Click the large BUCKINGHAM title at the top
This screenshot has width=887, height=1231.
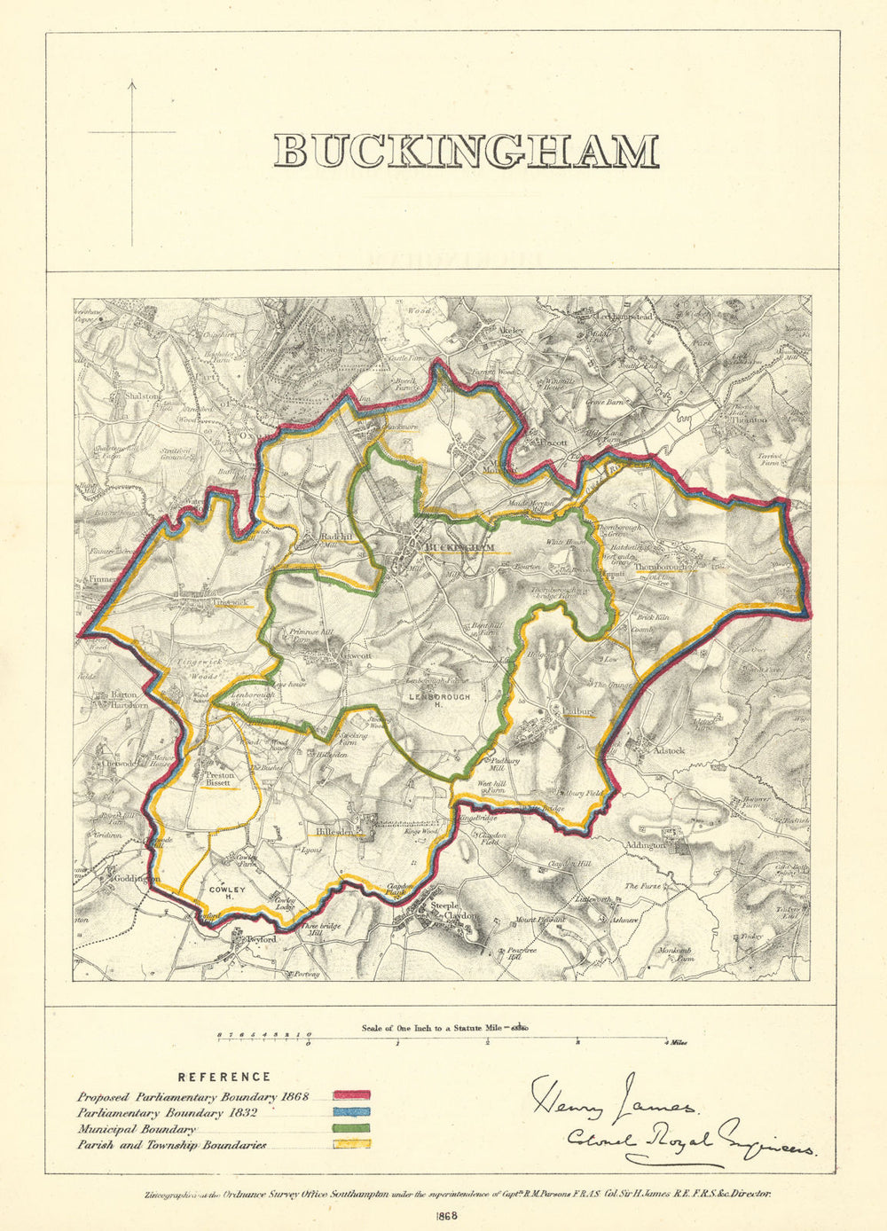(466, 152)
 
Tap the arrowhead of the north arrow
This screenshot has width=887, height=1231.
(132, 85)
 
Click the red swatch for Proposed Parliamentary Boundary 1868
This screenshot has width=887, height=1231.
(351, 1097)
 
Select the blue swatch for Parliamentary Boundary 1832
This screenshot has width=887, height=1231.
(351, 1113)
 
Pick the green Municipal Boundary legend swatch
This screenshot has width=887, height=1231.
(351, 1129)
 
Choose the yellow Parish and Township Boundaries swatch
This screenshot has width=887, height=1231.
(351, 1145)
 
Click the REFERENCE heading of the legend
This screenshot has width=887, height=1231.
(224, 1077)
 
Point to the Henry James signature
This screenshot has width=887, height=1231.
(612, 1098)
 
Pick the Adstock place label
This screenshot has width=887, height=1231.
(669, 749)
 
